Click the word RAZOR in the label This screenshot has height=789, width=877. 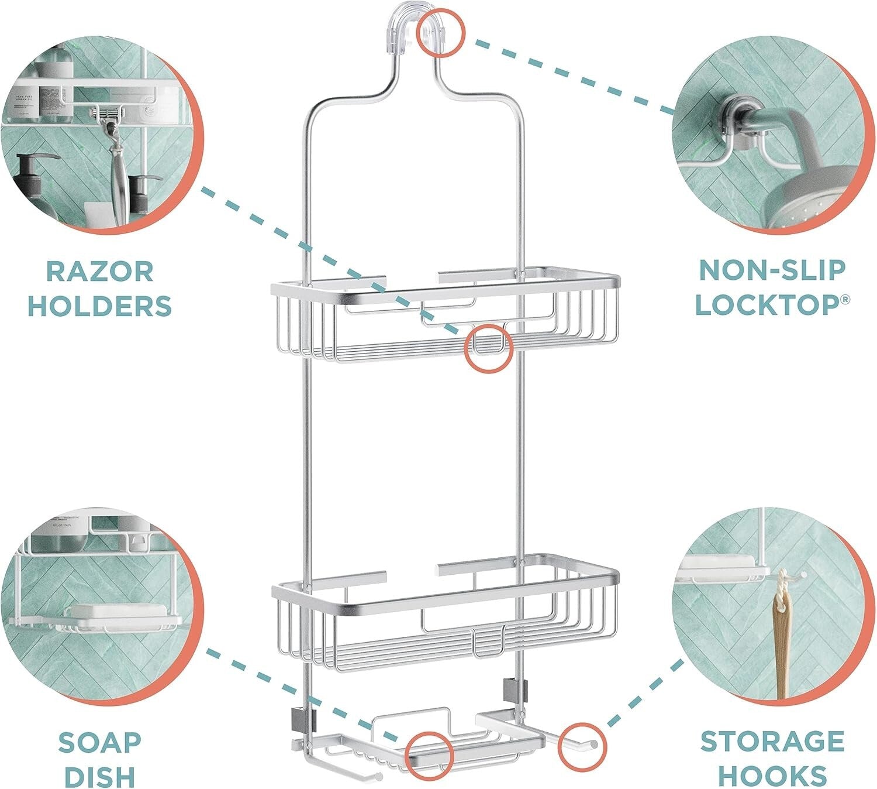(99, 272)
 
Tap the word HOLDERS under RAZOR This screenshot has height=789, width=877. (99, 306)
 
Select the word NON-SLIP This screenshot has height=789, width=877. (772, 270)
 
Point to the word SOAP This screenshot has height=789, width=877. (99, 742)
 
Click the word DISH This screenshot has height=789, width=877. (99, 776)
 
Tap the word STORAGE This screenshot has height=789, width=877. (772, 741)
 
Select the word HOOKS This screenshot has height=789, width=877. (772, 775)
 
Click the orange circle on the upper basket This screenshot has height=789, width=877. (488, 349)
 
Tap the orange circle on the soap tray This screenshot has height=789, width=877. (430, 755)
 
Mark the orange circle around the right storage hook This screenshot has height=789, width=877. (582, 747)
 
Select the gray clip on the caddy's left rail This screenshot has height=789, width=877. (302, 717)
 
